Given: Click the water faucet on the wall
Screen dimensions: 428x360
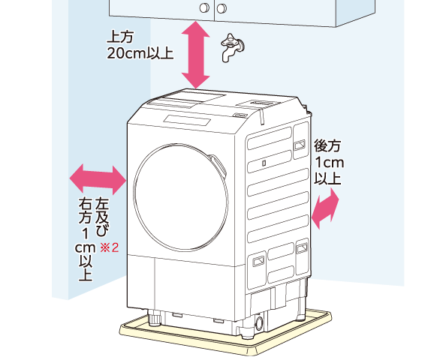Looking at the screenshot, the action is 232,48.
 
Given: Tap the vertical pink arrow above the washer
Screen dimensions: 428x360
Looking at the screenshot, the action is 196,55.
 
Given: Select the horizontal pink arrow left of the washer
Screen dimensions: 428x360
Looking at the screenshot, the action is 98,179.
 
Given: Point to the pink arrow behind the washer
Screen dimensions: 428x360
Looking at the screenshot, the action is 325,208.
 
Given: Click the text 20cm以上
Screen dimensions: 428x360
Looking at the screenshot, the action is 140,53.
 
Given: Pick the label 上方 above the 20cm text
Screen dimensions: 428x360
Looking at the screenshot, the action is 120,37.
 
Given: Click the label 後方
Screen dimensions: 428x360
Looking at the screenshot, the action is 327,145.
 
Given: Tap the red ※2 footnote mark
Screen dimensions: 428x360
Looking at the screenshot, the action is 109,247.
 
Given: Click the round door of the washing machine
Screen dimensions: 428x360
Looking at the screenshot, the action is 181,197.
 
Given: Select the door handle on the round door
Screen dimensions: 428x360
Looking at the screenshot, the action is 219,165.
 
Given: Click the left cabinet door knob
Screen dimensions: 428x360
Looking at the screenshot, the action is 204,8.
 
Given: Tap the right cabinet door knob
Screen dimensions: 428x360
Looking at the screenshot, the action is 222,8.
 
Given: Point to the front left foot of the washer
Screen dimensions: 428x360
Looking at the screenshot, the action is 155,318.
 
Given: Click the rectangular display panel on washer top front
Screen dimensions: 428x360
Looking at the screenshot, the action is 187,120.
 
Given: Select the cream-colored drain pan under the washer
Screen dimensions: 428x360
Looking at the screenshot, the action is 226,333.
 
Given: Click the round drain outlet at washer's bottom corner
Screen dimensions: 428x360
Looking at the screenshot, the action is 259,324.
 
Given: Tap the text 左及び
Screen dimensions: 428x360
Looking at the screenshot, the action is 102,217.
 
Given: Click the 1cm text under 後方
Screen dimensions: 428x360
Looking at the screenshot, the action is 330,163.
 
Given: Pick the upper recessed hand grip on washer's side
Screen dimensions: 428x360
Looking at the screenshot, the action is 300,145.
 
